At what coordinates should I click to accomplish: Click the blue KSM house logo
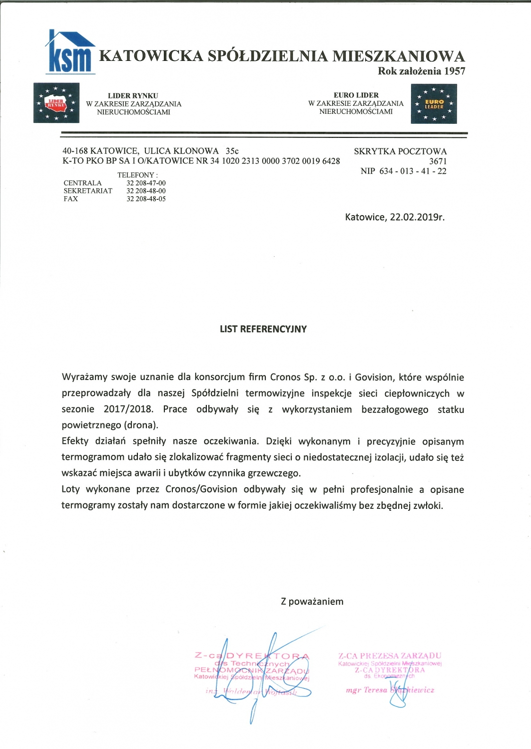click(x=70, y=52)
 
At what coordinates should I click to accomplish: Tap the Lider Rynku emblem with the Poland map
click(x=56, y=103)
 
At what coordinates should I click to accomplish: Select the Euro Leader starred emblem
click(x=434, y=104)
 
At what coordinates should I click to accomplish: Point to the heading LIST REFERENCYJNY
click(x=263, y=329)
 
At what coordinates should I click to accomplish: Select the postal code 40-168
click(x=75, y=151)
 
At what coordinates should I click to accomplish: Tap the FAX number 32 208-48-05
click(x=146, y=199)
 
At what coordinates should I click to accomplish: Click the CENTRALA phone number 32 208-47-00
click(x=146, y=183)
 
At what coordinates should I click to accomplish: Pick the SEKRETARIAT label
click(x=88, y=191)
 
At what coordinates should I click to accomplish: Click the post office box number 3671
click(x=438, y=161)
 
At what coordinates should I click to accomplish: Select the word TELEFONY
click(x=135, y=175)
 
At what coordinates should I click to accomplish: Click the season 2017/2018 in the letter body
click(x=127, y=409)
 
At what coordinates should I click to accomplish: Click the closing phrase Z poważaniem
click(x=312, y=602)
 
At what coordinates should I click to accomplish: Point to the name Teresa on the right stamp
click(x=375, y=690)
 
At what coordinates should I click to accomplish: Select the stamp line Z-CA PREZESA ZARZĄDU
click(x=390, y=656)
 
